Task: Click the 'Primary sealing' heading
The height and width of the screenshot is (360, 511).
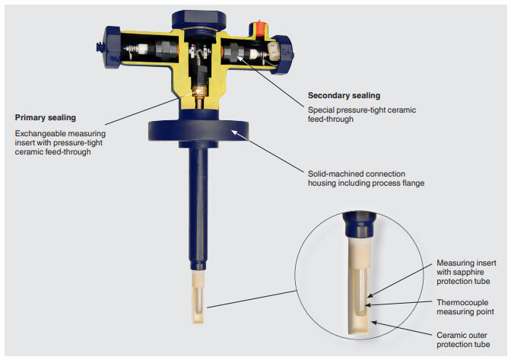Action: tap(46, 118)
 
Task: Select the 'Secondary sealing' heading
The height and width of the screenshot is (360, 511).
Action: tap(344, 96)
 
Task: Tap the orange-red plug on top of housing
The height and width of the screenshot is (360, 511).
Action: tap(259, 28)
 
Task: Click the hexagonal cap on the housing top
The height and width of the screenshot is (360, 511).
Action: tap(198, 20)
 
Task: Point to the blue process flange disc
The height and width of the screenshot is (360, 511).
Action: tap(198, 130)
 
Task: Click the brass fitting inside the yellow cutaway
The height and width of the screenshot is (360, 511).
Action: tap(198, 97)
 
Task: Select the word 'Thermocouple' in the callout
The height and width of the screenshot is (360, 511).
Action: tap(462, 303)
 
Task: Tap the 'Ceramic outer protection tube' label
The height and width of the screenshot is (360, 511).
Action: tap(463, 339)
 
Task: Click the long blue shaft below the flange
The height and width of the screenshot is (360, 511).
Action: tap(198, 209)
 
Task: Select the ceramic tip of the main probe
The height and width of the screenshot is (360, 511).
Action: tap(198, 297)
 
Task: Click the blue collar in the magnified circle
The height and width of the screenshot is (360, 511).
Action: tap(359, 225)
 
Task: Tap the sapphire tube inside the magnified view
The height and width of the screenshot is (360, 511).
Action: tap(360, 292)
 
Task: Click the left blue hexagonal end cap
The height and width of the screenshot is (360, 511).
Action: tap(112, 47)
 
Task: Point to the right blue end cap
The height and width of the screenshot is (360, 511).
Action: tap(283, 55)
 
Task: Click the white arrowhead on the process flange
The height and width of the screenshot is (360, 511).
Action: tap(235, 133)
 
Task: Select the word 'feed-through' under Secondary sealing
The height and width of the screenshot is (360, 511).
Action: tap(331, 119)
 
